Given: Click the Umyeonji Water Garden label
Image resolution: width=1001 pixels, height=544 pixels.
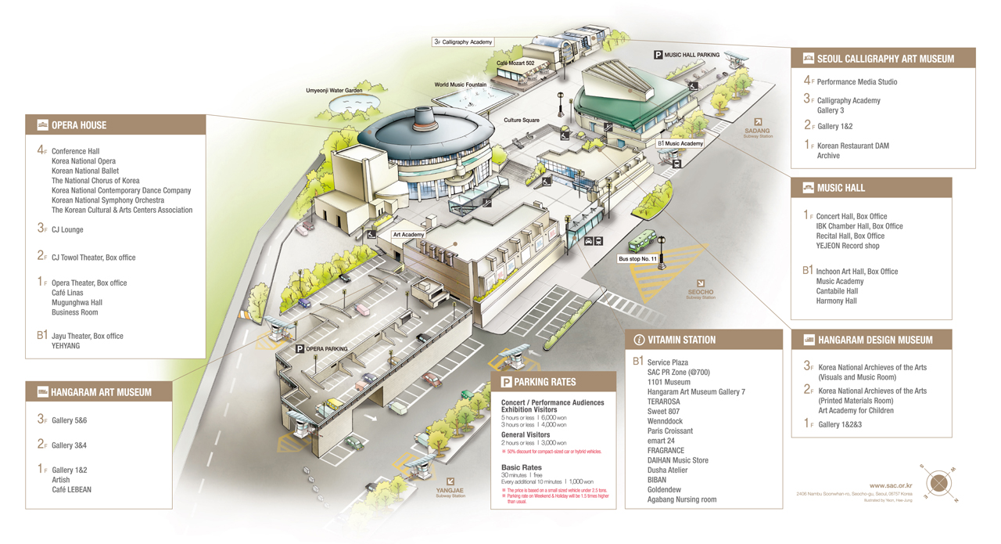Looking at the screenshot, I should [x=334, y=91].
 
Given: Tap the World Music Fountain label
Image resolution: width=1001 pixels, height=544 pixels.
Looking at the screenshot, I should [x=460, y=85].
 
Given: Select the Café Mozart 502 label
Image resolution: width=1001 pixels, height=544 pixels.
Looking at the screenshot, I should [x=515, y=63].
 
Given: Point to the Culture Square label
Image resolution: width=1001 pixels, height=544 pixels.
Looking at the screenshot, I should [x=522, y=121].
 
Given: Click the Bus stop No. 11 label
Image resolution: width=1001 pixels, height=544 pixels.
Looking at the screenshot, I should [x=637, y=259].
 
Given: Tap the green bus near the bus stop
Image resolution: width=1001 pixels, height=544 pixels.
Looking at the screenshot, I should [x=644, y=240].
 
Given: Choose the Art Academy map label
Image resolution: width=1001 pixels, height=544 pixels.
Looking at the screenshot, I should [x=408, y=235].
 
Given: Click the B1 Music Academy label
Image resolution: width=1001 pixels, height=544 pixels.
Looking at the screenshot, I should [x=680, y=144].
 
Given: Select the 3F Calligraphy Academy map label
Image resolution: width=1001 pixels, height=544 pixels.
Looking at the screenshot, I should [x=463, y=42].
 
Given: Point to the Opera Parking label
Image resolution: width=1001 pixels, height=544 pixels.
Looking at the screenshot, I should [x=321, y=349].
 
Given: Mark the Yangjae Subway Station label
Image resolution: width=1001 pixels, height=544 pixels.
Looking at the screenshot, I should [x=450, y=490].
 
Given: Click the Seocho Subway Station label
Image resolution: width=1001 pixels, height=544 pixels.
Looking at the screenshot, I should [x=700, y=293].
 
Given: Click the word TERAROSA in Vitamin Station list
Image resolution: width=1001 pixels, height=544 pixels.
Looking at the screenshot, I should [x=663, y=402].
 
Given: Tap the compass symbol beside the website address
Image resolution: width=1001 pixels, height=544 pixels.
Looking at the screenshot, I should [x=938, y=484].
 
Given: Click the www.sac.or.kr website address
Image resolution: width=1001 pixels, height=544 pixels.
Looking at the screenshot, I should [x=890, y=486].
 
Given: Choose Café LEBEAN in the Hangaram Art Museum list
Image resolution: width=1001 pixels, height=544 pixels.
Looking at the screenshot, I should [x=71, y=490].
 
